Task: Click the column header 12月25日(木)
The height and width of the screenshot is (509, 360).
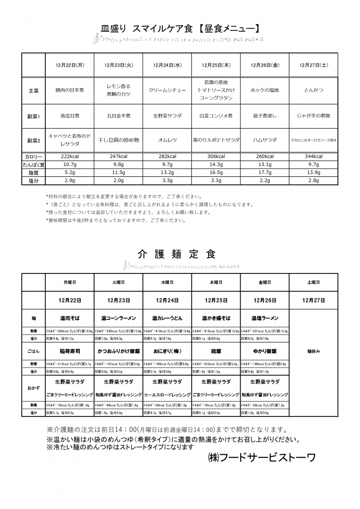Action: tap(216, 65)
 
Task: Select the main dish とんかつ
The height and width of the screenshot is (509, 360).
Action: tap(314, 91)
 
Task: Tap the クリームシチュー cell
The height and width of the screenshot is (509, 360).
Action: tap(167, 91)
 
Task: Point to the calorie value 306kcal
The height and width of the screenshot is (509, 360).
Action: tap(216, 156)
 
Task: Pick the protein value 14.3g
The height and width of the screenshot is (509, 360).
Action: tap(216, 165)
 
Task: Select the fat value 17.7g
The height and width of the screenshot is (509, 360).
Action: tap(265, 173)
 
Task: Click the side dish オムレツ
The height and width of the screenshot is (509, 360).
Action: tap(167, 140)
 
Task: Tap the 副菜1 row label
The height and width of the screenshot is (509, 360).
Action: tap(34, 116)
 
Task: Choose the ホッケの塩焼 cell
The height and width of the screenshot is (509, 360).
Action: tap(265, 91)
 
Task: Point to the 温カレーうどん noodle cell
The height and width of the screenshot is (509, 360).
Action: tap(167, 318)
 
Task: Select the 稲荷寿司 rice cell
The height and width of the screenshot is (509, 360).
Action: tap(70, 352)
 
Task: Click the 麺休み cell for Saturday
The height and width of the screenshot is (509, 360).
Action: tap(314, 352)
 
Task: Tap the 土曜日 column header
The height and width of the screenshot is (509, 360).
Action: tap(314, 283)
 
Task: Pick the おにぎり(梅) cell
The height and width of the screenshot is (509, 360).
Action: tap(167, 352)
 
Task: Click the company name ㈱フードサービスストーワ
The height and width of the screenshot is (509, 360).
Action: tap(262, 458)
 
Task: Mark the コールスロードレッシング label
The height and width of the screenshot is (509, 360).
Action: tap(167, 395)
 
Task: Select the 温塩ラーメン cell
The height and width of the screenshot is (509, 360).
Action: tap(265, 318)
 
